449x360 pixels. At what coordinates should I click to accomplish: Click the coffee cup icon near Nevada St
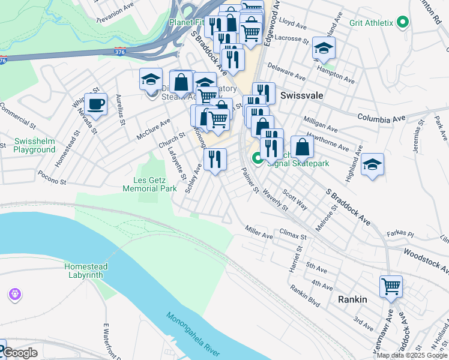tap(95, 104)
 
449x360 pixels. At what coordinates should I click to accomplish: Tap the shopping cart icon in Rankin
tap(391, 287)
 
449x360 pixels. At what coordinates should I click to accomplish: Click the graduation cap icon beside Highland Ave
tap(372, 165)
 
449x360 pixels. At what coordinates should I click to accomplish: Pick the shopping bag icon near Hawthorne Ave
tap(302, 147)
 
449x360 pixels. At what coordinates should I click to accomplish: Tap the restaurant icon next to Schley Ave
tap(215, 160)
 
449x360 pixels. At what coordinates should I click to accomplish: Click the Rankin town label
tap(352, 299)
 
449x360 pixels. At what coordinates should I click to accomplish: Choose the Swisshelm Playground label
tap(35, 145)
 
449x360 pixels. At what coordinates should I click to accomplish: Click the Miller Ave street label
tap(258, 232)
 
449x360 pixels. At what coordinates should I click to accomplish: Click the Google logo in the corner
tap(19, 353)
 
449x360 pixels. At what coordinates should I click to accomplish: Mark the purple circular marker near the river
tap(14, 295)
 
